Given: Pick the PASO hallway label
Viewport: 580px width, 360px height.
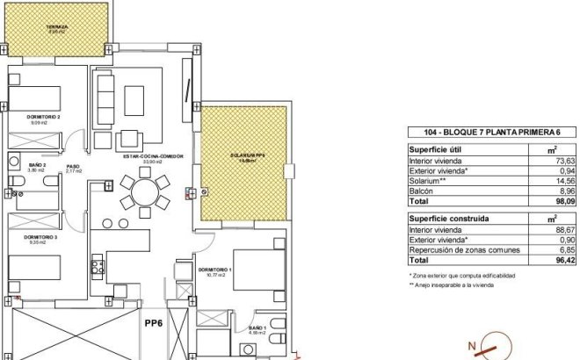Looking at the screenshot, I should coord(73,166).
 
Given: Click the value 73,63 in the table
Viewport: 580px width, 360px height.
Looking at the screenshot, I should coord(563,162).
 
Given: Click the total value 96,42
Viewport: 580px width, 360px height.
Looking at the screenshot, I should coord(563,260).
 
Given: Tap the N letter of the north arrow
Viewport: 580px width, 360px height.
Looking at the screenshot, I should coord(474,345).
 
